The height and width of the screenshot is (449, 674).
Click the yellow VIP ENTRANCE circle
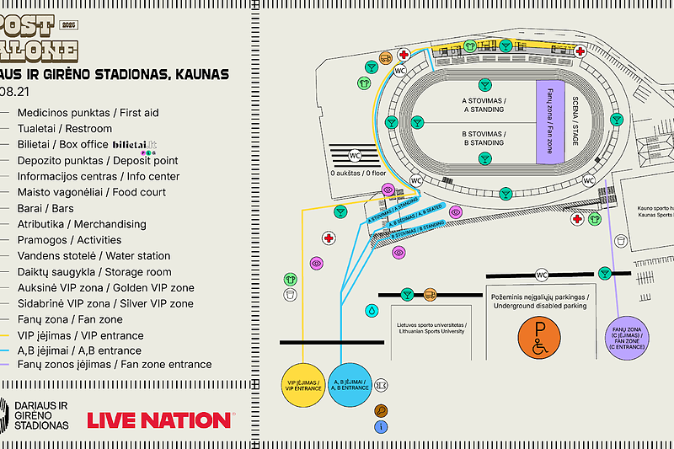pos(302,386)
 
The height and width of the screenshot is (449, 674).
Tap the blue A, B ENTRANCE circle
pos(350,386)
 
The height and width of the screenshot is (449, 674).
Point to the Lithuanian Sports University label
pos(431,327)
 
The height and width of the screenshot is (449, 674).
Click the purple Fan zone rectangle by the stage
pos(549,122)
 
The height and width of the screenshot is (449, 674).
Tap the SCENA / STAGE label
pos(575,122)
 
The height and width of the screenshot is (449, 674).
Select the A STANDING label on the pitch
pos(483,105)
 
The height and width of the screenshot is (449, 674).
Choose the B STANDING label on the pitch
pos(483,138)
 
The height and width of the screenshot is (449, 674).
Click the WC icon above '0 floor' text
pos(355,155)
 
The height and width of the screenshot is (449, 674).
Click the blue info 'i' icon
pos(382,427)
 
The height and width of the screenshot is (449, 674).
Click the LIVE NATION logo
pos(159,419)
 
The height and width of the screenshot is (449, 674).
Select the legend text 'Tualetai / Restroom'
pos(65,129)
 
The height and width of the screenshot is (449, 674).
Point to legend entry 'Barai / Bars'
pos(46,208)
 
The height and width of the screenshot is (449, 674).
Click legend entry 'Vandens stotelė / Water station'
pos(94,256)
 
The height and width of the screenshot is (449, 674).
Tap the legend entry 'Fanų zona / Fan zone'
pos(70,319)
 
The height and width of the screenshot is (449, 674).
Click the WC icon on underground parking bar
pos(542,275)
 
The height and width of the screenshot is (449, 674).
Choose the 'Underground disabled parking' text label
pos(539,301)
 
